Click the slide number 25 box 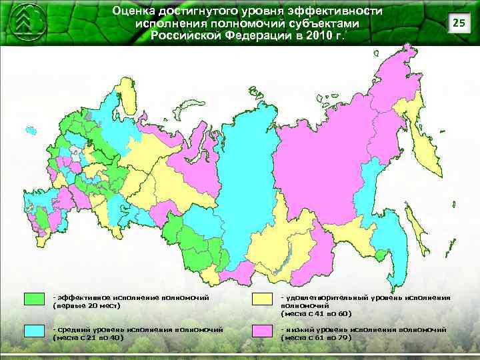pyautogui.click(x=457, y=24)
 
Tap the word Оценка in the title pyautogui.click(x=135, y=11)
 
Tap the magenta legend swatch pyautogui.click(x=263, y=331)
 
